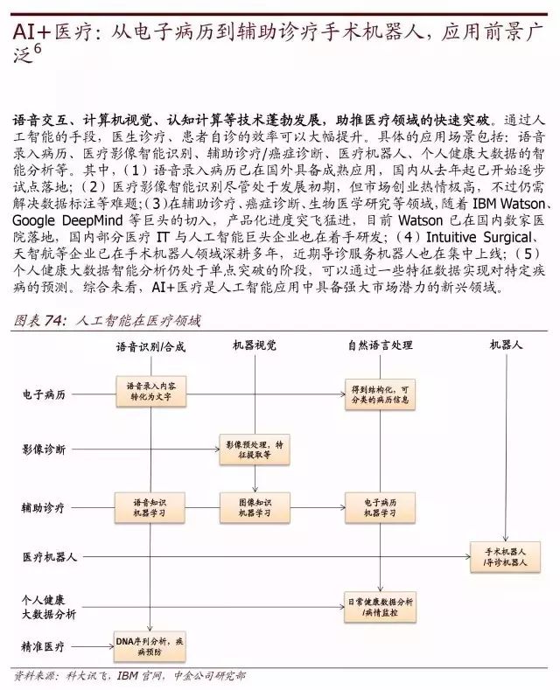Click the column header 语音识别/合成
150,346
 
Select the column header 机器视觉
254,345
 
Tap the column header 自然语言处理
380,345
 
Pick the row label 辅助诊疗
44,507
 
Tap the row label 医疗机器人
50,556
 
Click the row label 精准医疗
44,647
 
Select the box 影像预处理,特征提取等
254,450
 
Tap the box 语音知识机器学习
151,507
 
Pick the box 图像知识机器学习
254,507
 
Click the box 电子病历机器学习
379,507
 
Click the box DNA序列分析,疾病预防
151,645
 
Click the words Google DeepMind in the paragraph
76,220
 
